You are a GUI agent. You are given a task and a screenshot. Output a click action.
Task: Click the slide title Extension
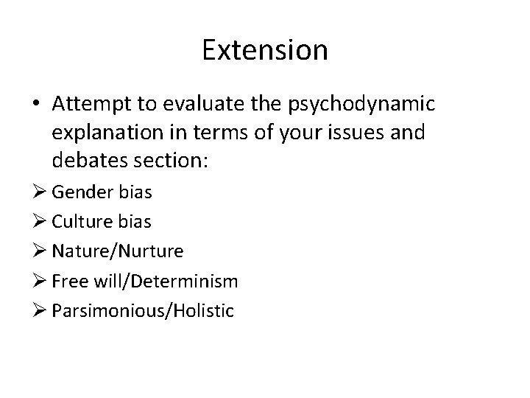(x=265, y=51)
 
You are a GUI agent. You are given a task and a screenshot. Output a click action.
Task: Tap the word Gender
(x=82, y=192)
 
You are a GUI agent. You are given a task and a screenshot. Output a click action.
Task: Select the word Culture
(x=84, y=222)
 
